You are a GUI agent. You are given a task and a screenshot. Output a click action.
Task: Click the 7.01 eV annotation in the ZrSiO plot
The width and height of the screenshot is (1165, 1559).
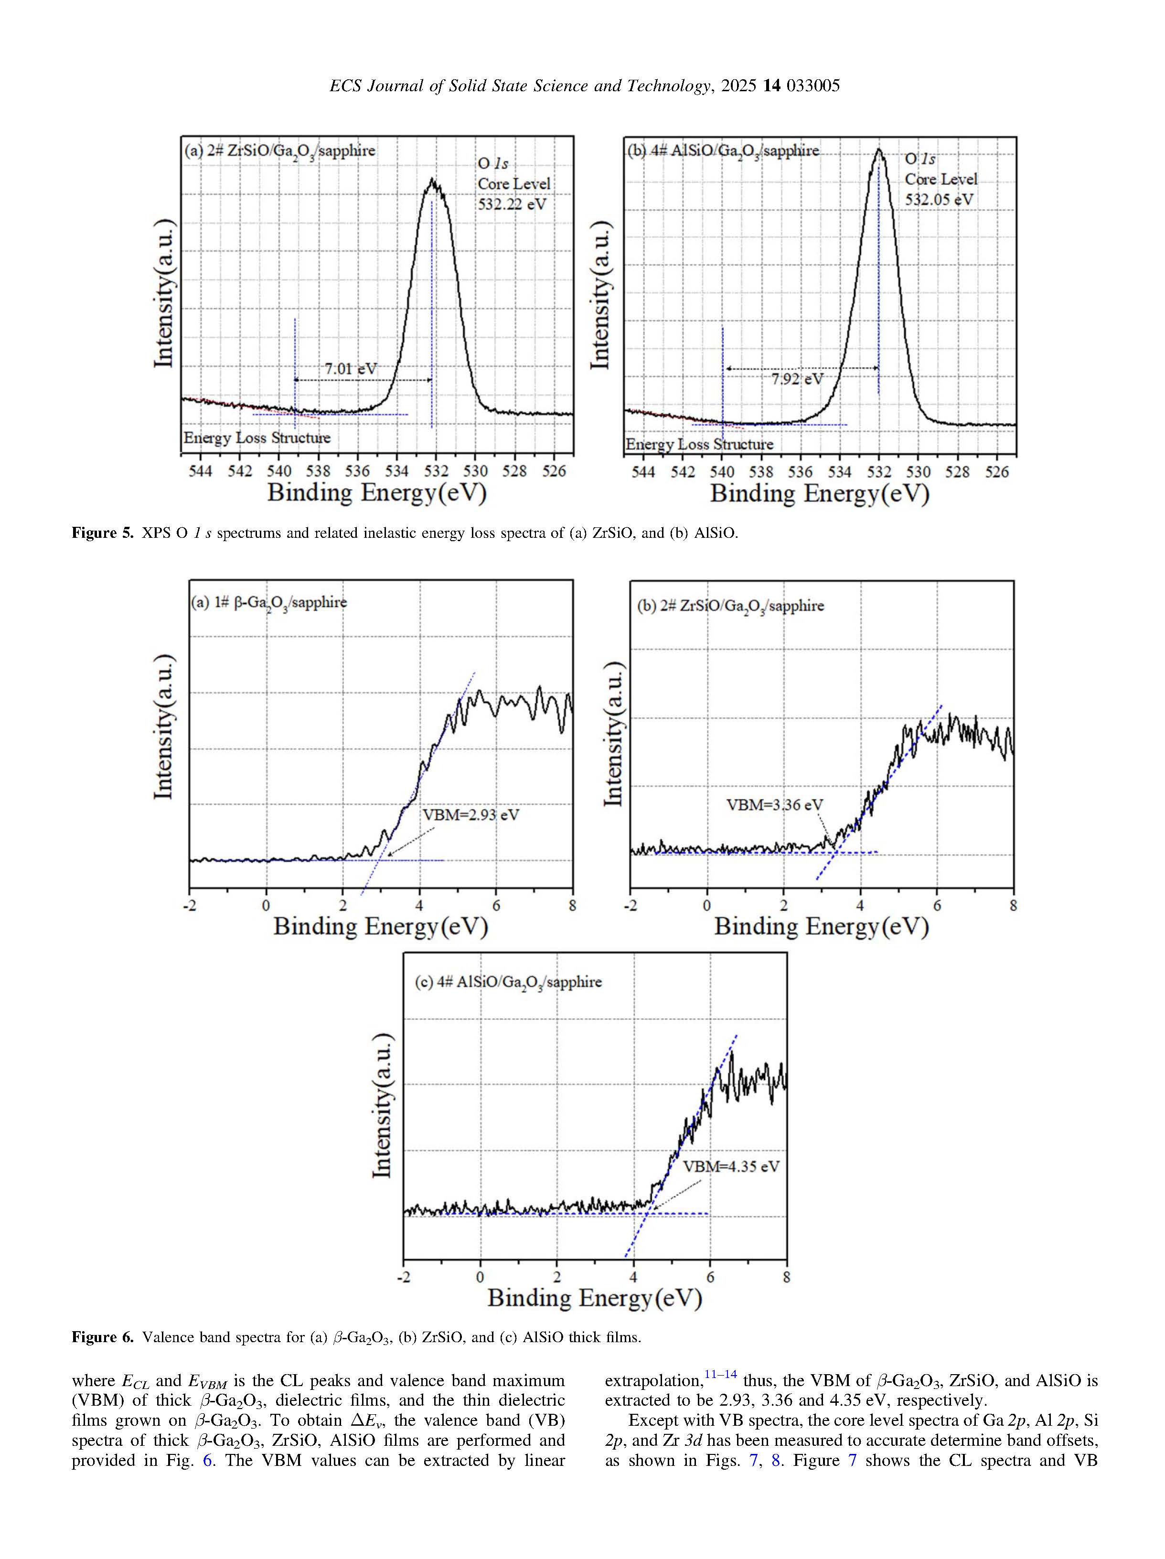point(350,369)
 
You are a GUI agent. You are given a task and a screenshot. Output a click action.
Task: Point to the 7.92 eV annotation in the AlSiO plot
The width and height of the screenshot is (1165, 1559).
point(796,379)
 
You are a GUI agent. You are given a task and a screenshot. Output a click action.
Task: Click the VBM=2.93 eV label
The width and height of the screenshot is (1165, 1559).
point(470,815)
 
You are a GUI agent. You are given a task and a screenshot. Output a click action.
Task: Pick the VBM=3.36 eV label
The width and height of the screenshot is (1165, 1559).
point(774,805)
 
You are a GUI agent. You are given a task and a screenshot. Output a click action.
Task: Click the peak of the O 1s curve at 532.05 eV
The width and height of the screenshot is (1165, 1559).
point(878,150)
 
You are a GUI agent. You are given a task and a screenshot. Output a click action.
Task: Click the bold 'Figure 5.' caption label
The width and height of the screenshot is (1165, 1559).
point(102,533)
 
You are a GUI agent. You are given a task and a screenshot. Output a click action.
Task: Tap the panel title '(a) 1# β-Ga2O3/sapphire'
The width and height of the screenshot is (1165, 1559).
point(269,603)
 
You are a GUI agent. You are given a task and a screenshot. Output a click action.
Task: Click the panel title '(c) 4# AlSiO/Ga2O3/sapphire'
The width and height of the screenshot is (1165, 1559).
point(507,982)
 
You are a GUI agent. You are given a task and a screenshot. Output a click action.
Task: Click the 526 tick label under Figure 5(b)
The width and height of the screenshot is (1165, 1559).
point(996,471)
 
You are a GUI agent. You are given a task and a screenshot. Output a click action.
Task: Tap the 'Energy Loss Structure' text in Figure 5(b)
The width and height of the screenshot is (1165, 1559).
point(699,444)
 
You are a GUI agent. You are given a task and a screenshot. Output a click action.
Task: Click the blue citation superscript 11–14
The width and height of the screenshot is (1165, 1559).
point(720,1374)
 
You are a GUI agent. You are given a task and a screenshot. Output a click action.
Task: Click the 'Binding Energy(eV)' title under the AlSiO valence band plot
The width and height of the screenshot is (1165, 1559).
point(595,1298)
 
